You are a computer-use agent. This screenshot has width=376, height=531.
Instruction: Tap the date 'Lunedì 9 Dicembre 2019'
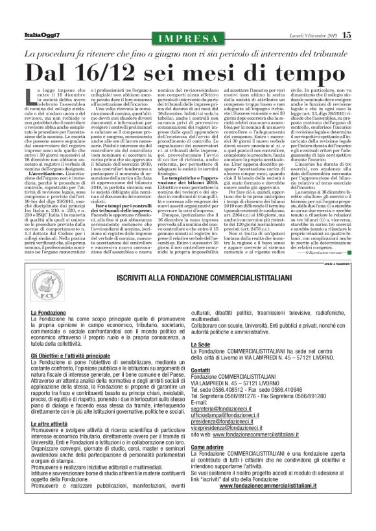(x=308, y=35)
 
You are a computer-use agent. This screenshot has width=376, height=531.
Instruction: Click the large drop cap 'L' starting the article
(x=32, y=97)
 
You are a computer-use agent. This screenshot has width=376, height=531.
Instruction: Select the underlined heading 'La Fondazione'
(x=48, y=313)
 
